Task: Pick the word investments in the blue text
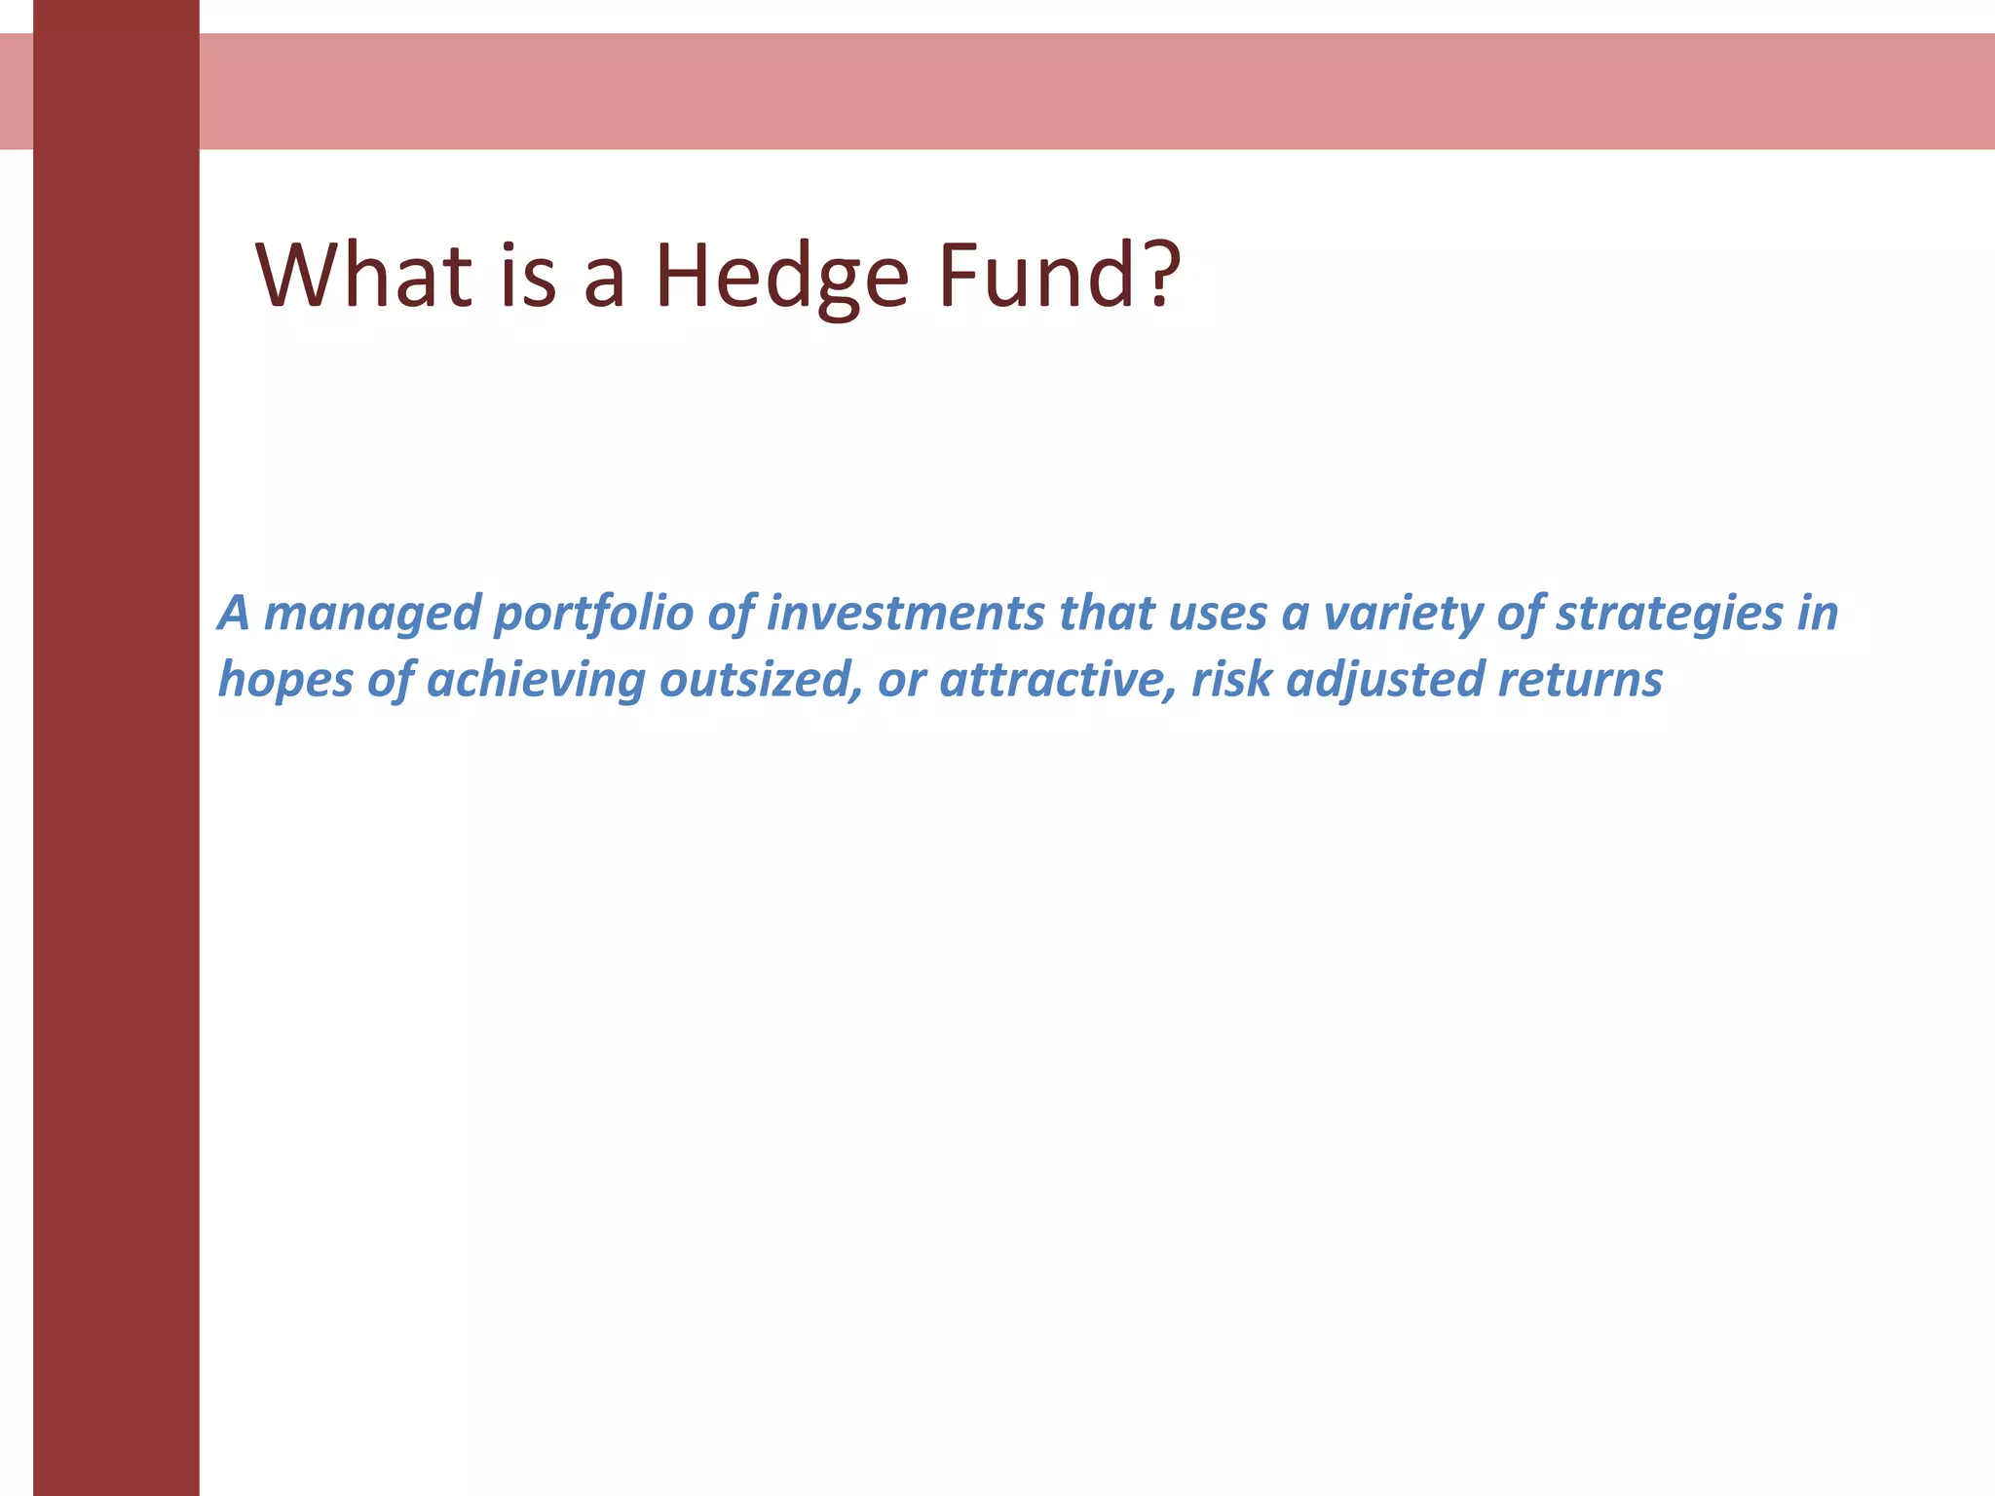(905, 613)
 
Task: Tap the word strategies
(1669, 615)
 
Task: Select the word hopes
(285, 680)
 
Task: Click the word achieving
(535, 680)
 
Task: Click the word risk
(1231, 679)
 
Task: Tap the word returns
(1579, 679)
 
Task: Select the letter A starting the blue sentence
(234, 613)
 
